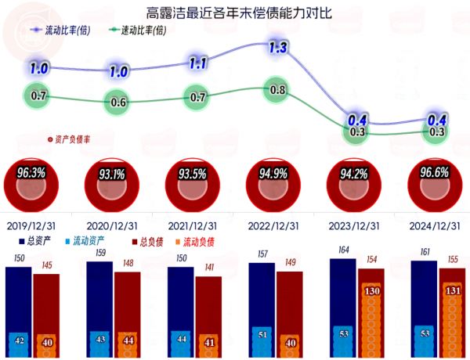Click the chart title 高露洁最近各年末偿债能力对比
(234, 13)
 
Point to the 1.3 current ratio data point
(278, 48)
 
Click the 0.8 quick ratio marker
(278, 90)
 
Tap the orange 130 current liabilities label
(371, 291)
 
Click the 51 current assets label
(262, 336)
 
